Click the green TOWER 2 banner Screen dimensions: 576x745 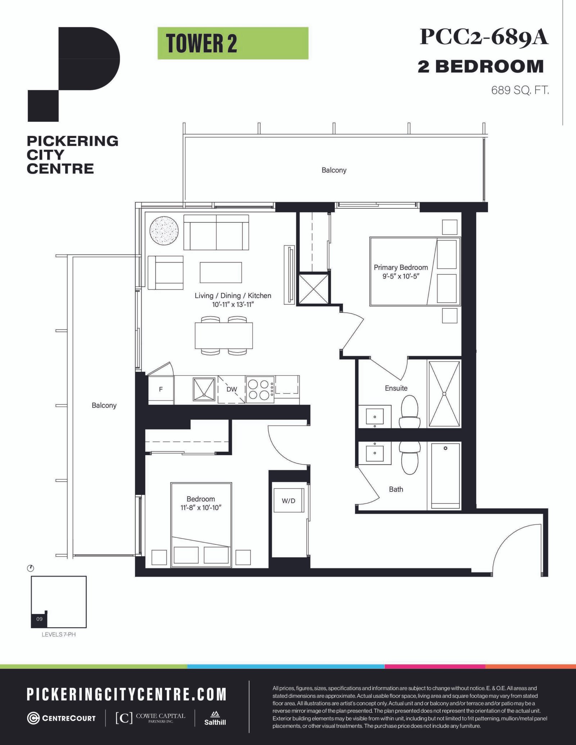233,43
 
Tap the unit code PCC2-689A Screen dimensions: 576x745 484,37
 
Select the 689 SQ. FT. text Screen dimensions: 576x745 520,90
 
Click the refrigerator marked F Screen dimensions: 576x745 161,390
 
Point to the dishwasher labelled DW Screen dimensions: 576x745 231,389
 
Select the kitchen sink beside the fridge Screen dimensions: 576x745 204,389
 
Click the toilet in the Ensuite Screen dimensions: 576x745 410,412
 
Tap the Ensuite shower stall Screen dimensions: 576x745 444,394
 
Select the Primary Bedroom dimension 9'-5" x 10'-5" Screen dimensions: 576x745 401,276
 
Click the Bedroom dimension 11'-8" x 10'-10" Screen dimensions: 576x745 201,508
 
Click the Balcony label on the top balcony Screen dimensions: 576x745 334,170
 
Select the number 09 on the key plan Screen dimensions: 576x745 39,619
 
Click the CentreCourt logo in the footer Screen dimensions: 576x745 62,718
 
